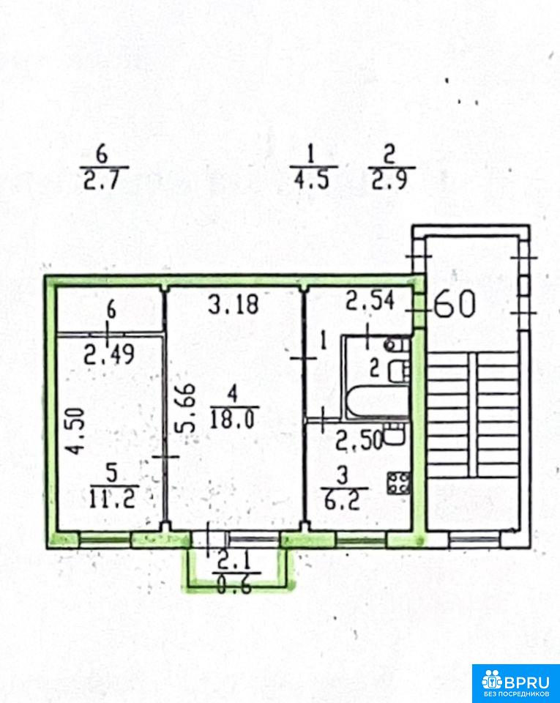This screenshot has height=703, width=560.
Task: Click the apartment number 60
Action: coord(455,305)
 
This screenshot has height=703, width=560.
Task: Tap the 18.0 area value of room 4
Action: coord(234,420)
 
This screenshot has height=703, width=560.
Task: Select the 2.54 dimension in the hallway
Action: coord(370,300)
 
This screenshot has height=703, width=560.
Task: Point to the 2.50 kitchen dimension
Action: coord(359,440)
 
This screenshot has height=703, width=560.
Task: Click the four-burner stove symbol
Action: coord(398,483)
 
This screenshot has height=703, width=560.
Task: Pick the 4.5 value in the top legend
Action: coord(312,180)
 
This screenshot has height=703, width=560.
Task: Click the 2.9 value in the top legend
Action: coord(389,180)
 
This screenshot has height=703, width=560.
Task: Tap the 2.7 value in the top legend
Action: coord(102,180)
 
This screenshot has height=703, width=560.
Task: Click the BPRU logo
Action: coord(516,683)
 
